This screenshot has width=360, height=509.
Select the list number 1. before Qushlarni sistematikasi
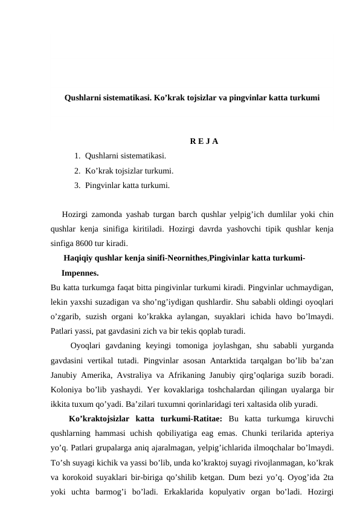point(78,156)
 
